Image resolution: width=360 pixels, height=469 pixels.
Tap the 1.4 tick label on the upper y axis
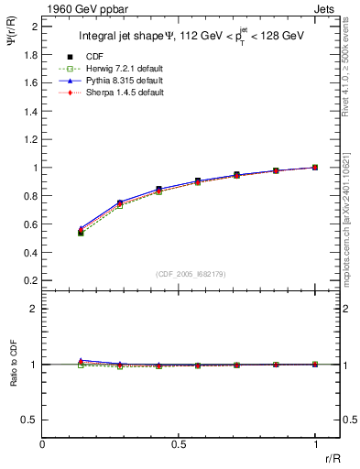(31, 111)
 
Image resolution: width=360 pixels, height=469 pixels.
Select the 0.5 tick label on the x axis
(179, 444)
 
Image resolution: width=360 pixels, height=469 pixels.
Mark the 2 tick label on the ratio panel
(34, 309)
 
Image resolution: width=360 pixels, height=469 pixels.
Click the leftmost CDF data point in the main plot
(82, 233)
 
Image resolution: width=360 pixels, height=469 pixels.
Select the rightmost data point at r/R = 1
(315, 168)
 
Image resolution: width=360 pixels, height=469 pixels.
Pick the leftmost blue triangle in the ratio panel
(82, 361)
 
